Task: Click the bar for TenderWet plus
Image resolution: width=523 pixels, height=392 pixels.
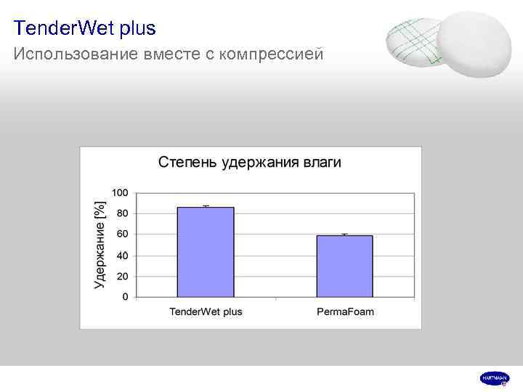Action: tap(206, 252)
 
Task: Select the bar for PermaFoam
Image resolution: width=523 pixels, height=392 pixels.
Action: tap(344, 266)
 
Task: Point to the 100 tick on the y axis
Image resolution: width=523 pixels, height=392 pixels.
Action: tap(120, 192)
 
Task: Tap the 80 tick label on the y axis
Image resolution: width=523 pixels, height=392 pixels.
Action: tap(122, 213)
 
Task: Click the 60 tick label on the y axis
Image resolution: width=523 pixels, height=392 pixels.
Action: tap(122, 234)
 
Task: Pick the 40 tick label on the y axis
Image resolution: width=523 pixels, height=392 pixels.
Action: tap(122, 256)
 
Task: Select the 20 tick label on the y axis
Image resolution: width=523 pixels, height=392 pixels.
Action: tap(122, 277)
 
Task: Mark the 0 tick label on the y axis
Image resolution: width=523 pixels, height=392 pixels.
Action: tap(125, 297)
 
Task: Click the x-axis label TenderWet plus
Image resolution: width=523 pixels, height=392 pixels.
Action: tap(206, 312)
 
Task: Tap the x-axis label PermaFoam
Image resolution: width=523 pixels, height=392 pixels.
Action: tap(345, 312)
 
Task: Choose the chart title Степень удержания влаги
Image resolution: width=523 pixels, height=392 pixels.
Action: tap(249, 162)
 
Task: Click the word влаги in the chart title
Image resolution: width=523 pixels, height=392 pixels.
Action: tap(322, 163)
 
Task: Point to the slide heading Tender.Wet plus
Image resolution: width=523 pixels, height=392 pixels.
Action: tap(84, 29)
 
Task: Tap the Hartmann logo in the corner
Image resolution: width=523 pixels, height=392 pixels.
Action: tap(494, 378)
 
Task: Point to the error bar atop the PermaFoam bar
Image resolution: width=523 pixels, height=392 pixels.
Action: tap(344, 234)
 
